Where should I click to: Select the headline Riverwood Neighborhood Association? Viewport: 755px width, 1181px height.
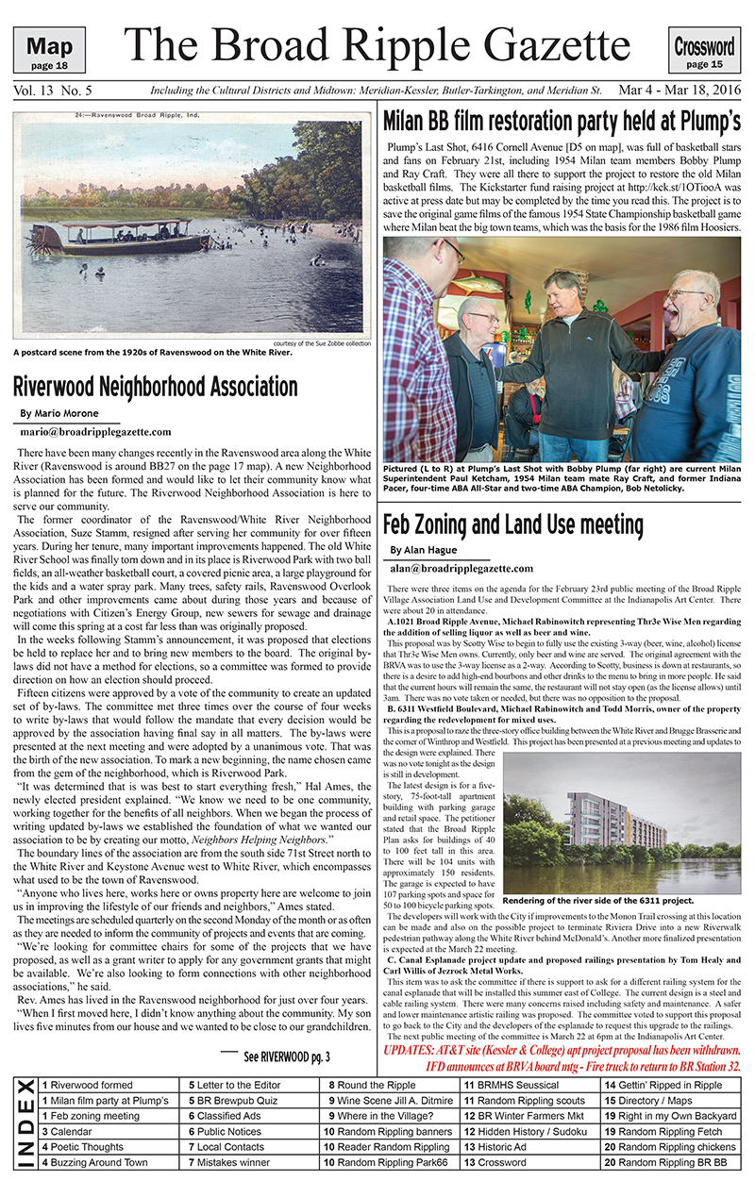(156, 387)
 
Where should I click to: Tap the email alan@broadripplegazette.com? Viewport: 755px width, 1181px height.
(461, 569)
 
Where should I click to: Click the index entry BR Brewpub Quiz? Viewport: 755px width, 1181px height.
(234, 1101)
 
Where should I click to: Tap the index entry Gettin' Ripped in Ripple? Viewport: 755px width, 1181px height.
(671, 1086)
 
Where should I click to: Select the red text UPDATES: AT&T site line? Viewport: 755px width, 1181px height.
(562, 1051)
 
